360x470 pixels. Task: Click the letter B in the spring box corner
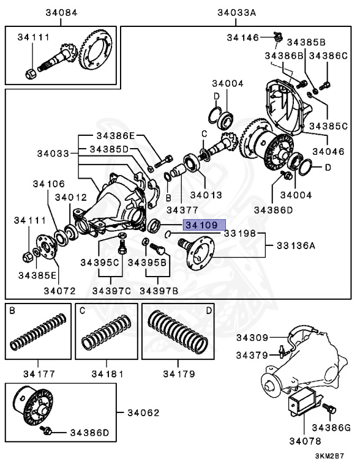(12, 311)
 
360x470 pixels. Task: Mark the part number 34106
(49, 183)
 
